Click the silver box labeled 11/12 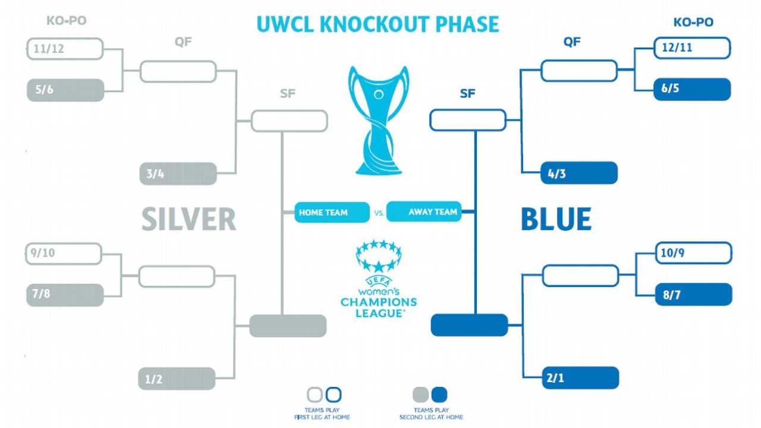(x=65, y=49)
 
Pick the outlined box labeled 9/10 (x=64, y=253)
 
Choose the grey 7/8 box (x=65, y=295)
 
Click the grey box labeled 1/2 (x=177, y=379)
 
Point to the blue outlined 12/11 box (x=692, y=48)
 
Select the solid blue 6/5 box (x=692, y=89)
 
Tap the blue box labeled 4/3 (x=579, y=173)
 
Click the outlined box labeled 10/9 (x=693, y=253)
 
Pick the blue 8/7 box (x=693, y=294)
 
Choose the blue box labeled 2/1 (x=580, y=378)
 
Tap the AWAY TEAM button (x=424, y=212)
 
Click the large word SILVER (x=188, y=219)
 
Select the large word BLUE (x=556, y=219)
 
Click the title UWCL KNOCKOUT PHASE (x=378, y=24)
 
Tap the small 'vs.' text (x=379, y=212)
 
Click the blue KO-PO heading (x=693, y=23)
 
